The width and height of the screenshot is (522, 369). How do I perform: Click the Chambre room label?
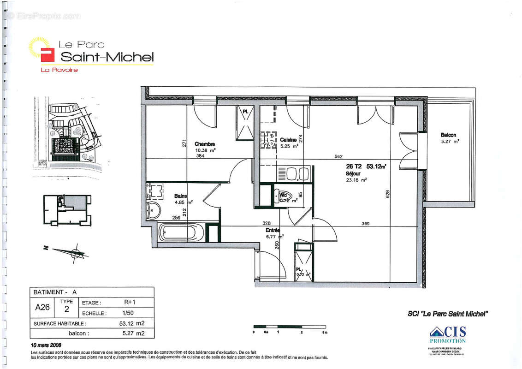tap(204, 144)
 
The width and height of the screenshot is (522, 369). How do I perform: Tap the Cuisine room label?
tap(288, 139)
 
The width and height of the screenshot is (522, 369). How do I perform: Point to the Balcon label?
tap(448, 135)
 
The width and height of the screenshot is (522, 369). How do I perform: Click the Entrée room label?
tap(273, 230)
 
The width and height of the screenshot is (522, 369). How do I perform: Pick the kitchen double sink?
tap(297, 174)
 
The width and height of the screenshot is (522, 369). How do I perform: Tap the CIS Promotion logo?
tap(448, 334)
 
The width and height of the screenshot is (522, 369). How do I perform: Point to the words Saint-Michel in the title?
tap(107, 57)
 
